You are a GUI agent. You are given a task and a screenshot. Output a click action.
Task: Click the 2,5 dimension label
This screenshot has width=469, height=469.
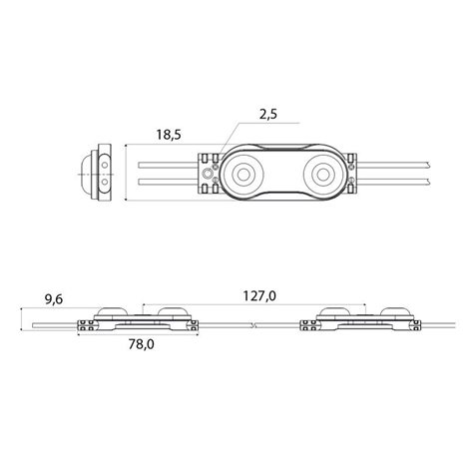click(268, 115)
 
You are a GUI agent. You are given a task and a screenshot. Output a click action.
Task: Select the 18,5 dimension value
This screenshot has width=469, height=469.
click(169, 135)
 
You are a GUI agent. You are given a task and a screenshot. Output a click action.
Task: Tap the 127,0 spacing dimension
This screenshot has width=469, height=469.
click(259, 295)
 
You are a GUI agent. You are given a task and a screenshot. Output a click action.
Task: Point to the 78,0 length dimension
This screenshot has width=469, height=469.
click(142, 344)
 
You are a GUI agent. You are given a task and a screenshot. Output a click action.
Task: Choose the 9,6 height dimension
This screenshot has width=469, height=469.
click(54, 299)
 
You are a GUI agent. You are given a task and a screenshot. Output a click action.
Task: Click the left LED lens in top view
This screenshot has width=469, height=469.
click(243, 174)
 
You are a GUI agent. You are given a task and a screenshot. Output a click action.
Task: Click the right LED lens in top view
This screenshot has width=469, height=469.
click(322, 174)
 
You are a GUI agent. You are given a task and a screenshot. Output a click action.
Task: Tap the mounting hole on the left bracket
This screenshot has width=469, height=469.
click(208, 174)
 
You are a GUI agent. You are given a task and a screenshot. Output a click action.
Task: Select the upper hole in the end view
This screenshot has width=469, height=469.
click(105, 165)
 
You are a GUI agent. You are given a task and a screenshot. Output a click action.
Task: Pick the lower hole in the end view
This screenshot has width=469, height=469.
click(105, 182)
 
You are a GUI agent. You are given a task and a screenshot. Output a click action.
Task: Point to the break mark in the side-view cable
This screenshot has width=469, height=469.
click(254, 325)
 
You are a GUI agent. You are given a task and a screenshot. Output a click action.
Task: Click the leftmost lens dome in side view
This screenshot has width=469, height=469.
click(111, 312)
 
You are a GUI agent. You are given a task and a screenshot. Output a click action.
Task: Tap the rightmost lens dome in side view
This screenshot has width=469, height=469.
click(396, 312)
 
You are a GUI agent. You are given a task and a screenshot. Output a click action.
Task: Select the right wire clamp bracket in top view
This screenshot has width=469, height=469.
click(351, 174)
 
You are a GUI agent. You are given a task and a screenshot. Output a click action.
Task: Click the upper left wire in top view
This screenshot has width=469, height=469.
click(168, 165)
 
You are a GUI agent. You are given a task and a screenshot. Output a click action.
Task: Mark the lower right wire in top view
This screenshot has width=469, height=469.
click(394, 182)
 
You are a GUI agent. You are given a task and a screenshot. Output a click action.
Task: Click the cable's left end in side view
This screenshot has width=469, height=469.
click(33, 325)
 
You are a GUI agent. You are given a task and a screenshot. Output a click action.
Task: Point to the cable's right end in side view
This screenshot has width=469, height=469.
click(454, 325)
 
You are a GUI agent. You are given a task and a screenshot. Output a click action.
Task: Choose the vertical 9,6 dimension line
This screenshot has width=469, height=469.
click(21, 319)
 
